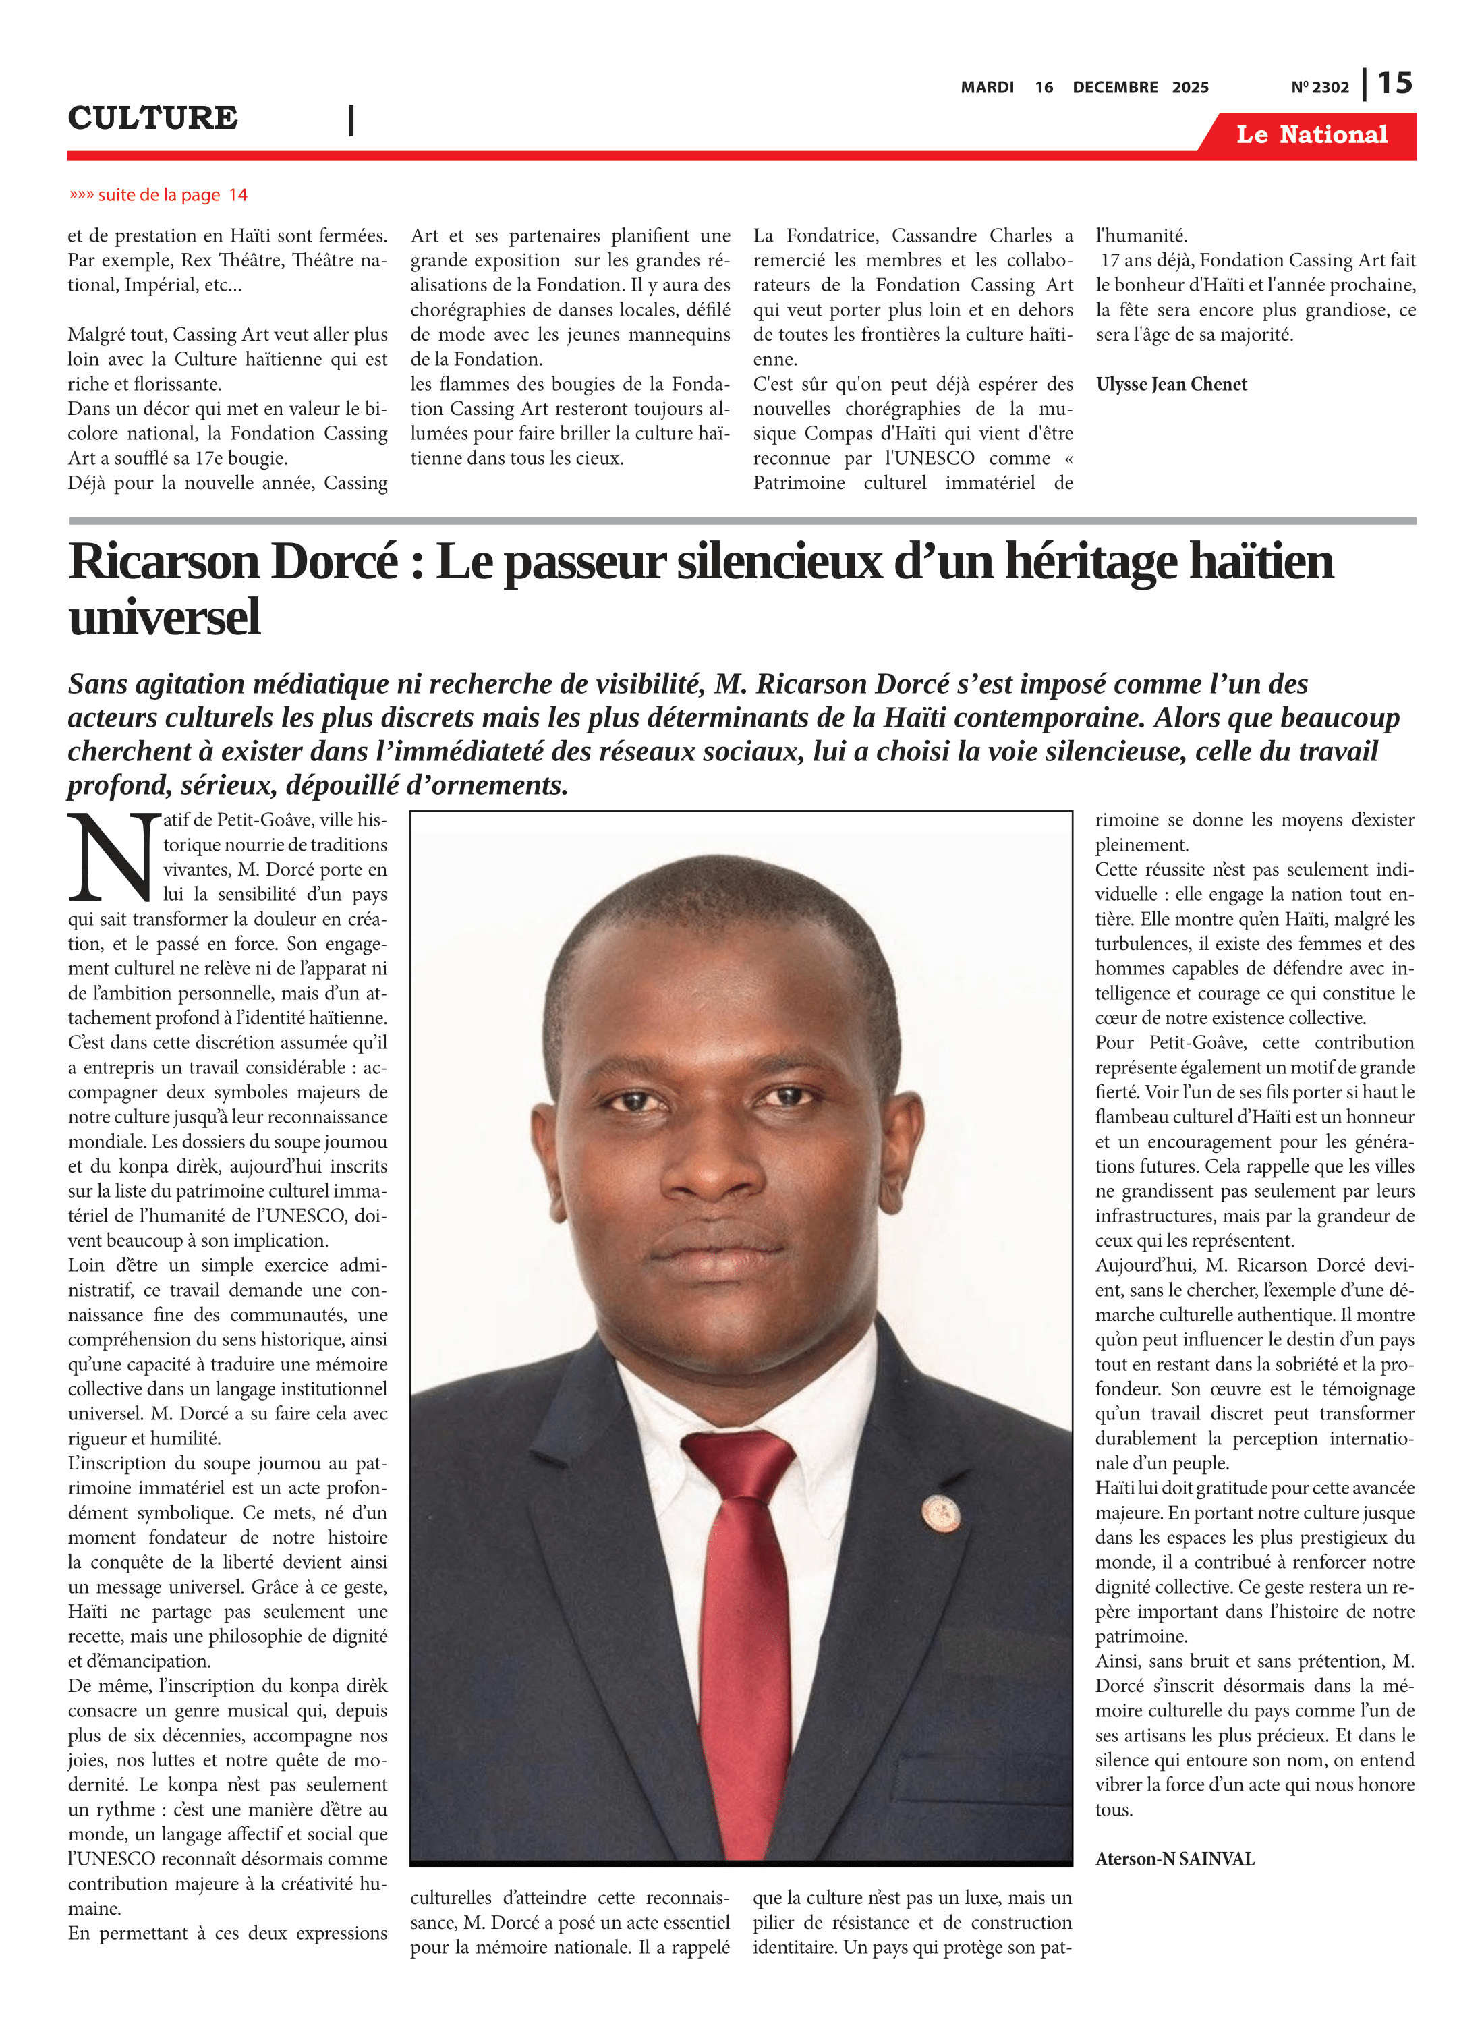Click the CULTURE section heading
click(x=152, y=117)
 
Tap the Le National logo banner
click(x=1311, y=135)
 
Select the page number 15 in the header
click(x=1395, y=84)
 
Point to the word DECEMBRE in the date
click(x=1115, y=87)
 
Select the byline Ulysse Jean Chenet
click(x=1172, y=385)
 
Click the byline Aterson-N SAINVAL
click(x=1174, y=1859)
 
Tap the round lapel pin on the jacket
click(x=940, y=1513)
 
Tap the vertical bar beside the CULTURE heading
click(x=351, y=119)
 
